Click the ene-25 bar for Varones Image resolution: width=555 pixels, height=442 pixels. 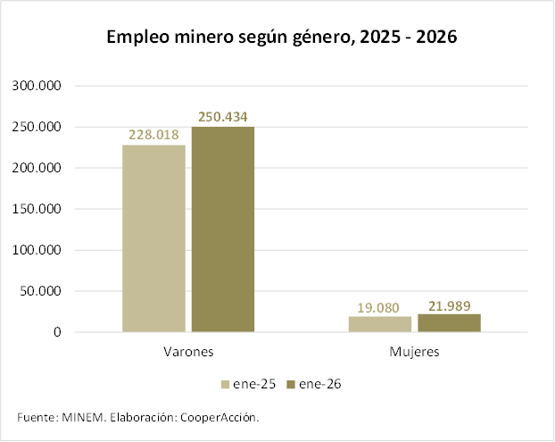(153, 238)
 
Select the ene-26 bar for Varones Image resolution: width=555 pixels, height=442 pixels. (222, 229)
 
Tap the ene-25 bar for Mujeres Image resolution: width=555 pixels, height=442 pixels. (380, 324)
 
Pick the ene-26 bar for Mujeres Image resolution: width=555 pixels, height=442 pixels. (449, 322)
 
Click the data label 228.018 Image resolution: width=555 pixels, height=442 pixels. (153, 136)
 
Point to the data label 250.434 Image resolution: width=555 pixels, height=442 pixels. (222, 116)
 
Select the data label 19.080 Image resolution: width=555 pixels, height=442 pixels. (380, 307)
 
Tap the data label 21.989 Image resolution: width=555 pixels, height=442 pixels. (449, 304)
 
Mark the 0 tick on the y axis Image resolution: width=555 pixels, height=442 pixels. (56, 332)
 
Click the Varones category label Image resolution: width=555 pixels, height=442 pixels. (188, 352)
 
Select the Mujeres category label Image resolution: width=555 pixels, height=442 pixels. (415, 352)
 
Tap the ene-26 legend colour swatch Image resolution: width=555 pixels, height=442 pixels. (291, 385)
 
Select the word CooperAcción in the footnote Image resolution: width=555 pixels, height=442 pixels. (220, 417)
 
